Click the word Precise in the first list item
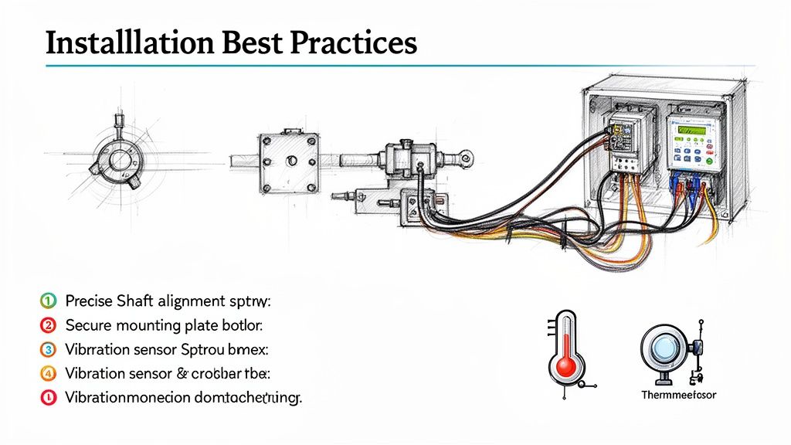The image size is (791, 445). pos(90,300)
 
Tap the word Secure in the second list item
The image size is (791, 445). pos(88,324)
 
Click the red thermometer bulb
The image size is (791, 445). pos(566,367)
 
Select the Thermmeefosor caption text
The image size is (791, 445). pos(679,395)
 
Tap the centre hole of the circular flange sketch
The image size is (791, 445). pos(121,160)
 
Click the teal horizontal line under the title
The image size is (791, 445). pos(386,66)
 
